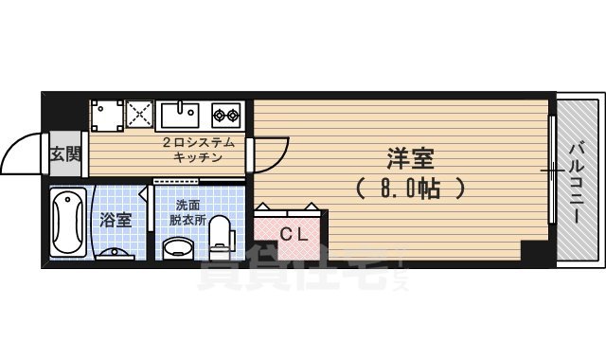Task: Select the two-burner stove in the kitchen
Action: tap(227, 116)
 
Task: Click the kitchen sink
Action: tap(181, 115)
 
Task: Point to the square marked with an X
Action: tap(141, 116)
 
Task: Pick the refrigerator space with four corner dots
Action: tap(106, 116)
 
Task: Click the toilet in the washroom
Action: tap(221, 235)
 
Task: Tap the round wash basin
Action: tap(178, 248)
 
